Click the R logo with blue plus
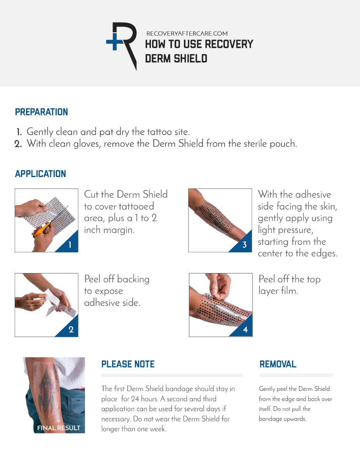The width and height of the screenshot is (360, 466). pos(122,46)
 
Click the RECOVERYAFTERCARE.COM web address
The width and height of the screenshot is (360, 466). pos(187,34)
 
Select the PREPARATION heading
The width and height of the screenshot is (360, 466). pos(42,112)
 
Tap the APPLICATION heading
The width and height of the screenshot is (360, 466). pos(40,174)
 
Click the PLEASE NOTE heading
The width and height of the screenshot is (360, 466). pos(128,364)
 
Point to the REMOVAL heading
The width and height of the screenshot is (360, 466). pos(278,364)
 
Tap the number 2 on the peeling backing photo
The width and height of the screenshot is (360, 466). pos(71,330)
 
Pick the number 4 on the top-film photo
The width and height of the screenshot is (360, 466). pos(245,330)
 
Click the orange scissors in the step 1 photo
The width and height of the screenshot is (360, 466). pos(42,230)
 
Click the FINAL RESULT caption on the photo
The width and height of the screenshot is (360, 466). pos(59,428)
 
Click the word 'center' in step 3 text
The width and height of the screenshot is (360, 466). pos(272,254)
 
